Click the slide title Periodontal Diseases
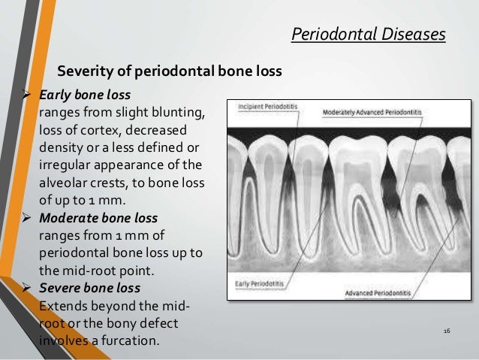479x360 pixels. pos(368,34)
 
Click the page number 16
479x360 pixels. pos(447,331)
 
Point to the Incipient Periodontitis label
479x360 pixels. pos(267,107)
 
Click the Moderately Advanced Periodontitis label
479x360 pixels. pos(372,112)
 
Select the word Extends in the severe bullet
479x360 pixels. pos(62,306)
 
